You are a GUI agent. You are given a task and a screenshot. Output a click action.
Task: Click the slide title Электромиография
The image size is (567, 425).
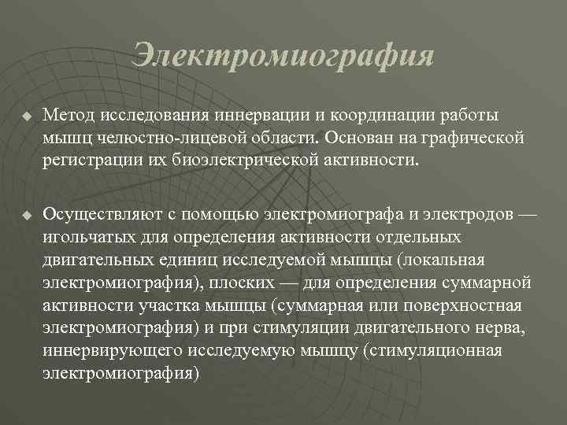[x=283, y=56]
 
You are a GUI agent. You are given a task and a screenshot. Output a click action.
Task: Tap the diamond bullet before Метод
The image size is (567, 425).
[x=25, y=116]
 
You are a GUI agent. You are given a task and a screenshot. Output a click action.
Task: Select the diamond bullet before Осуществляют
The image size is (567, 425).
[x=25, y=214]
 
